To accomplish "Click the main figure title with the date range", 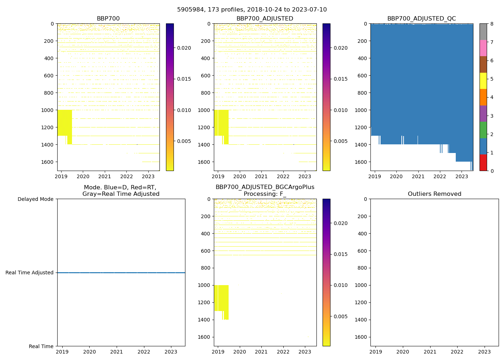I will click(252, 10).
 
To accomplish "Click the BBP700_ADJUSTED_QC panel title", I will click(422, 19).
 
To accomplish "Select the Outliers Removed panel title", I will click(435, 194).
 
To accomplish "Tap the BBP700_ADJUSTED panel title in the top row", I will click(265, 19).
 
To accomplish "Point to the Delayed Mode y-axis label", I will click(35, 199).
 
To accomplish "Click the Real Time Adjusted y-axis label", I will click(30, 273).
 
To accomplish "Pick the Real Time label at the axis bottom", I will click(41, 346).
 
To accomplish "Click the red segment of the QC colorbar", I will click(483, 162).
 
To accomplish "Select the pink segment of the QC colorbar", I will click(483, 48).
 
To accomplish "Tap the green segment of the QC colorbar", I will click(483, 130).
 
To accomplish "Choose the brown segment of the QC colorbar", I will click(483, 64).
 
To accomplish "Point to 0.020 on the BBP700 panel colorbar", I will click(184, 48).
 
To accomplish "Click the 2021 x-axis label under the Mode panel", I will click(117, 352).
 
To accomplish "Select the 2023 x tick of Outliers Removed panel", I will click(484, 352).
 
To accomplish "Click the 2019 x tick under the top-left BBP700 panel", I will click(61, 176).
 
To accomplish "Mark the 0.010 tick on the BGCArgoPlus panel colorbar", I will click(341, 285).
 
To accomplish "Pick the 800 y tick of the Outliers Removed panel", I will click(363, 268).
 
